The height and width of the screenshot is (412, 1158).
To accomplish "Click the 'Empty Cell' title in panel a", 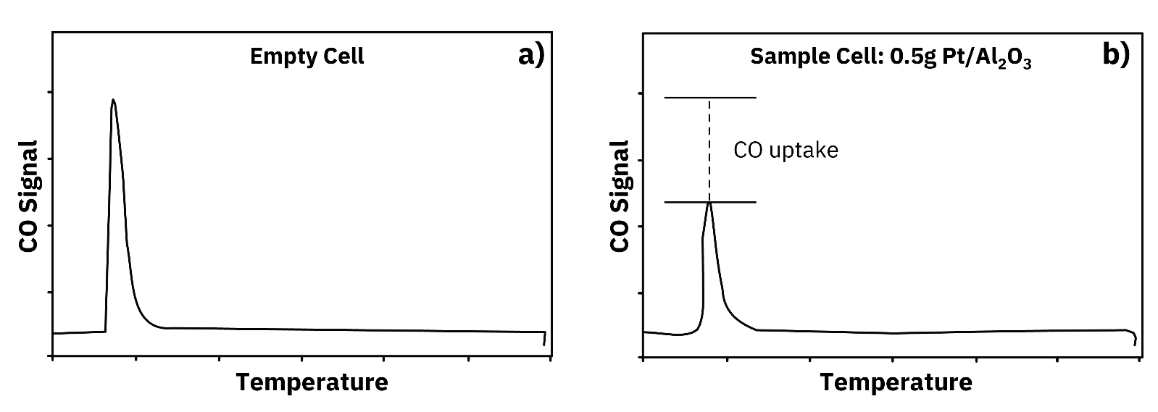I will click(307, 56).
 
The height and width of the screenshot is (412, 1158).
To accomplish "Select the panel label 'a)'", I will click(530, 55).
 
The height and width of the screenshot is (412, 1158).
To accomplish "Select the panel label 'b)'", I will click(1115, 55).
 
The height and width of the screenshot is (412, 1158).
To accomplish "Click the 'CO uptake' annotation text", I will click(786, 150).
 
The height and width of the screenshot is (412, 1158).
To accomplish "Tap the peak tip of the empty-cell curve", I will click(113, 100).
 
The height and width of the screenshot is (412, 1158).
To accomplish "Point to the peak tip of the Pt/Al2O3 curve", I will click(709, 203).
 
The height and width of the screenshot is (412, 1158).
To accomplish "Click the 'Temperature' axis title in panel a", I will click(312, 382).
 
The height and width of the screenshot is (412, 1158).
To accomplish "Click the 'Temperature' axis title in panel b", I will click(896, 382).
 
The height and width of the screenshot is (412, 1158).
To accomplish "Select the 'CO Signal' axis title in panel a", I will click(29, 196).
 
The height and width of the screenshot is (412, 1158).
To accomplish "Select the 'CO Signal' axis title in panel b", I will click(620, 196).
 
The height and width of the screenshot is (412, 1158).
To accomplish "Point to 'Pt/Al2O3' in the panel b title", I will click(986, 58).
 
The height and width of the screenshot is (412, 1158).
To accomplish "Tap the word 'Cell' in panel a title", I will click(343, 56).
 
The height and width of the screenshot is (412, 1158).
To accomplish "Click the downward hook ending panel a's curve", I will click(545, 339).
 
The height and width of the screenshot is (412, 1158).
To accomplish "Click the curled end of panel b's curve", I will click(1134, 337).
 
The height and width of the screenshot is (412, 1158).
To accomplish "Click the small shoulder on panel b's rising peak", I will click(703, 238).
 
